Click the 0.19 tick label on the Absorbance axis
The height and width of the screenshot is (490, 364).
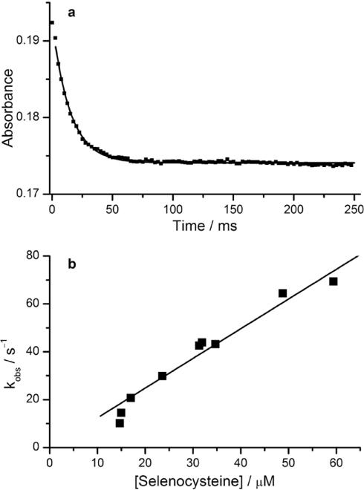(27, 40)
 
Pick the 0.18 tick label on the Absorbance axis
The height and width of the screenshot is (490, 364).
(27, 117)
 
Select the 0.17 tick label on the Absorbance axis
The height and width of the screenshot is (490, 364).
(27, 194)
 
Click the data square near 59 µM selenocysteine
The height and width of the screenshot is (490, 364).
(334, 281)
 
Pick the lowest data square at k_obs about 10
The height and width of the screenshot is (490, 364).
(120, 423)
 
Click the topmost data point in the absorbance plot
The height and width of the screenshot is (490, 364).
(51, 23)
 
